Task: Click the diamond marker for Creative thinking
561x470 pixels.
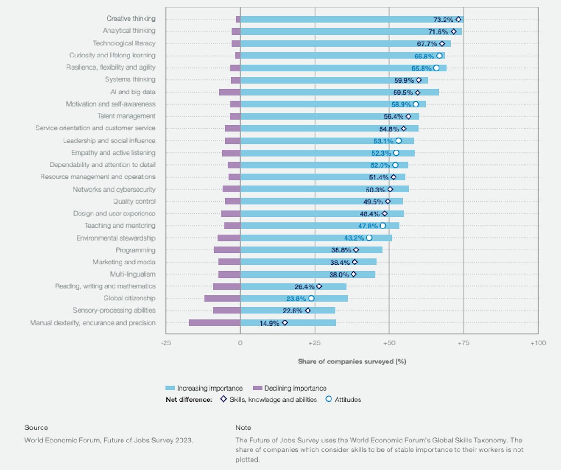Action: coord(459,20)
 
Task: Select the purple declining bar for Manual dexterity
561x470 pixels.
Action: coord(215,322)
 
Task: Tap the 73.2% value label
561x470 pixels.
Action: coord(443,20)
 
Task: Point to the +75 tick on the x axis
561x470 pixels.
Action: coord(463,343)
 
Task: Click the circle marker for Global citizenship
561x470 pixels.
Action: coord(311,299)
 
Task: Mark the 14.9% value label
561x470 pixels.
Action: coord(269,323)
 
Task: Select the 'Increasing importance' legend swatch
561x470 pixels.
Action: coord(170,388)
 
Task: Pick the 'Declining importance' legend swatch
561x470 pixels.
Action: coord(257,388)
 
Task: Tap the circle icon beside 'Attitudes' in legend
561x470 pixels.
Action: coord(328,399)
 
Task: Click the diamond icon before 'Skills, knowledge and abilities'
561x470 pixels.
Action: coord(223,399)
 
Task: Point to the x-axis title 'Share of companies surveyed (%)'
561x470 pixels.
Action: coord(352,362)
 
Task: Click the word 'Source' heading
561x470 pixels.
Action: coord(36,427)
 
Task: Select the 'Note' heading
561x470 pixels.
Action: coord(243,427)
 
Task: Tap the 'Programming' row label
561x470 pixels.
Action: coord(136,250)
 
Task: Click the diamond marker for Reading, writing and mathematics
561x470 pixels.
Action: coord(319,286)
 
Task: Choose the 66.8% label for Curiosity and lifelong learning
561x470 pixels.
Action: coord(424,56)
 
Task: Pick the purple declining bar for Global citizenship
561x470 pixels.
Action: coord(222,299)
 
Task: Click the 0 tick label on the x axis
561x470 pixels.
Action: coord(240,343)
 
